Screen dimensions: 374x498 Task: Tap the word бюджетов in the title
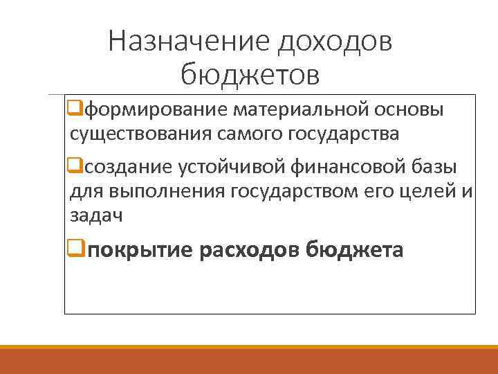point(250,74)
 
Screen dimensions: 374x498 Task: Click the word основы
point(409,110)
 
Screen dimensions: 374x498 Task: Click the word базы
point(434,167)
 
